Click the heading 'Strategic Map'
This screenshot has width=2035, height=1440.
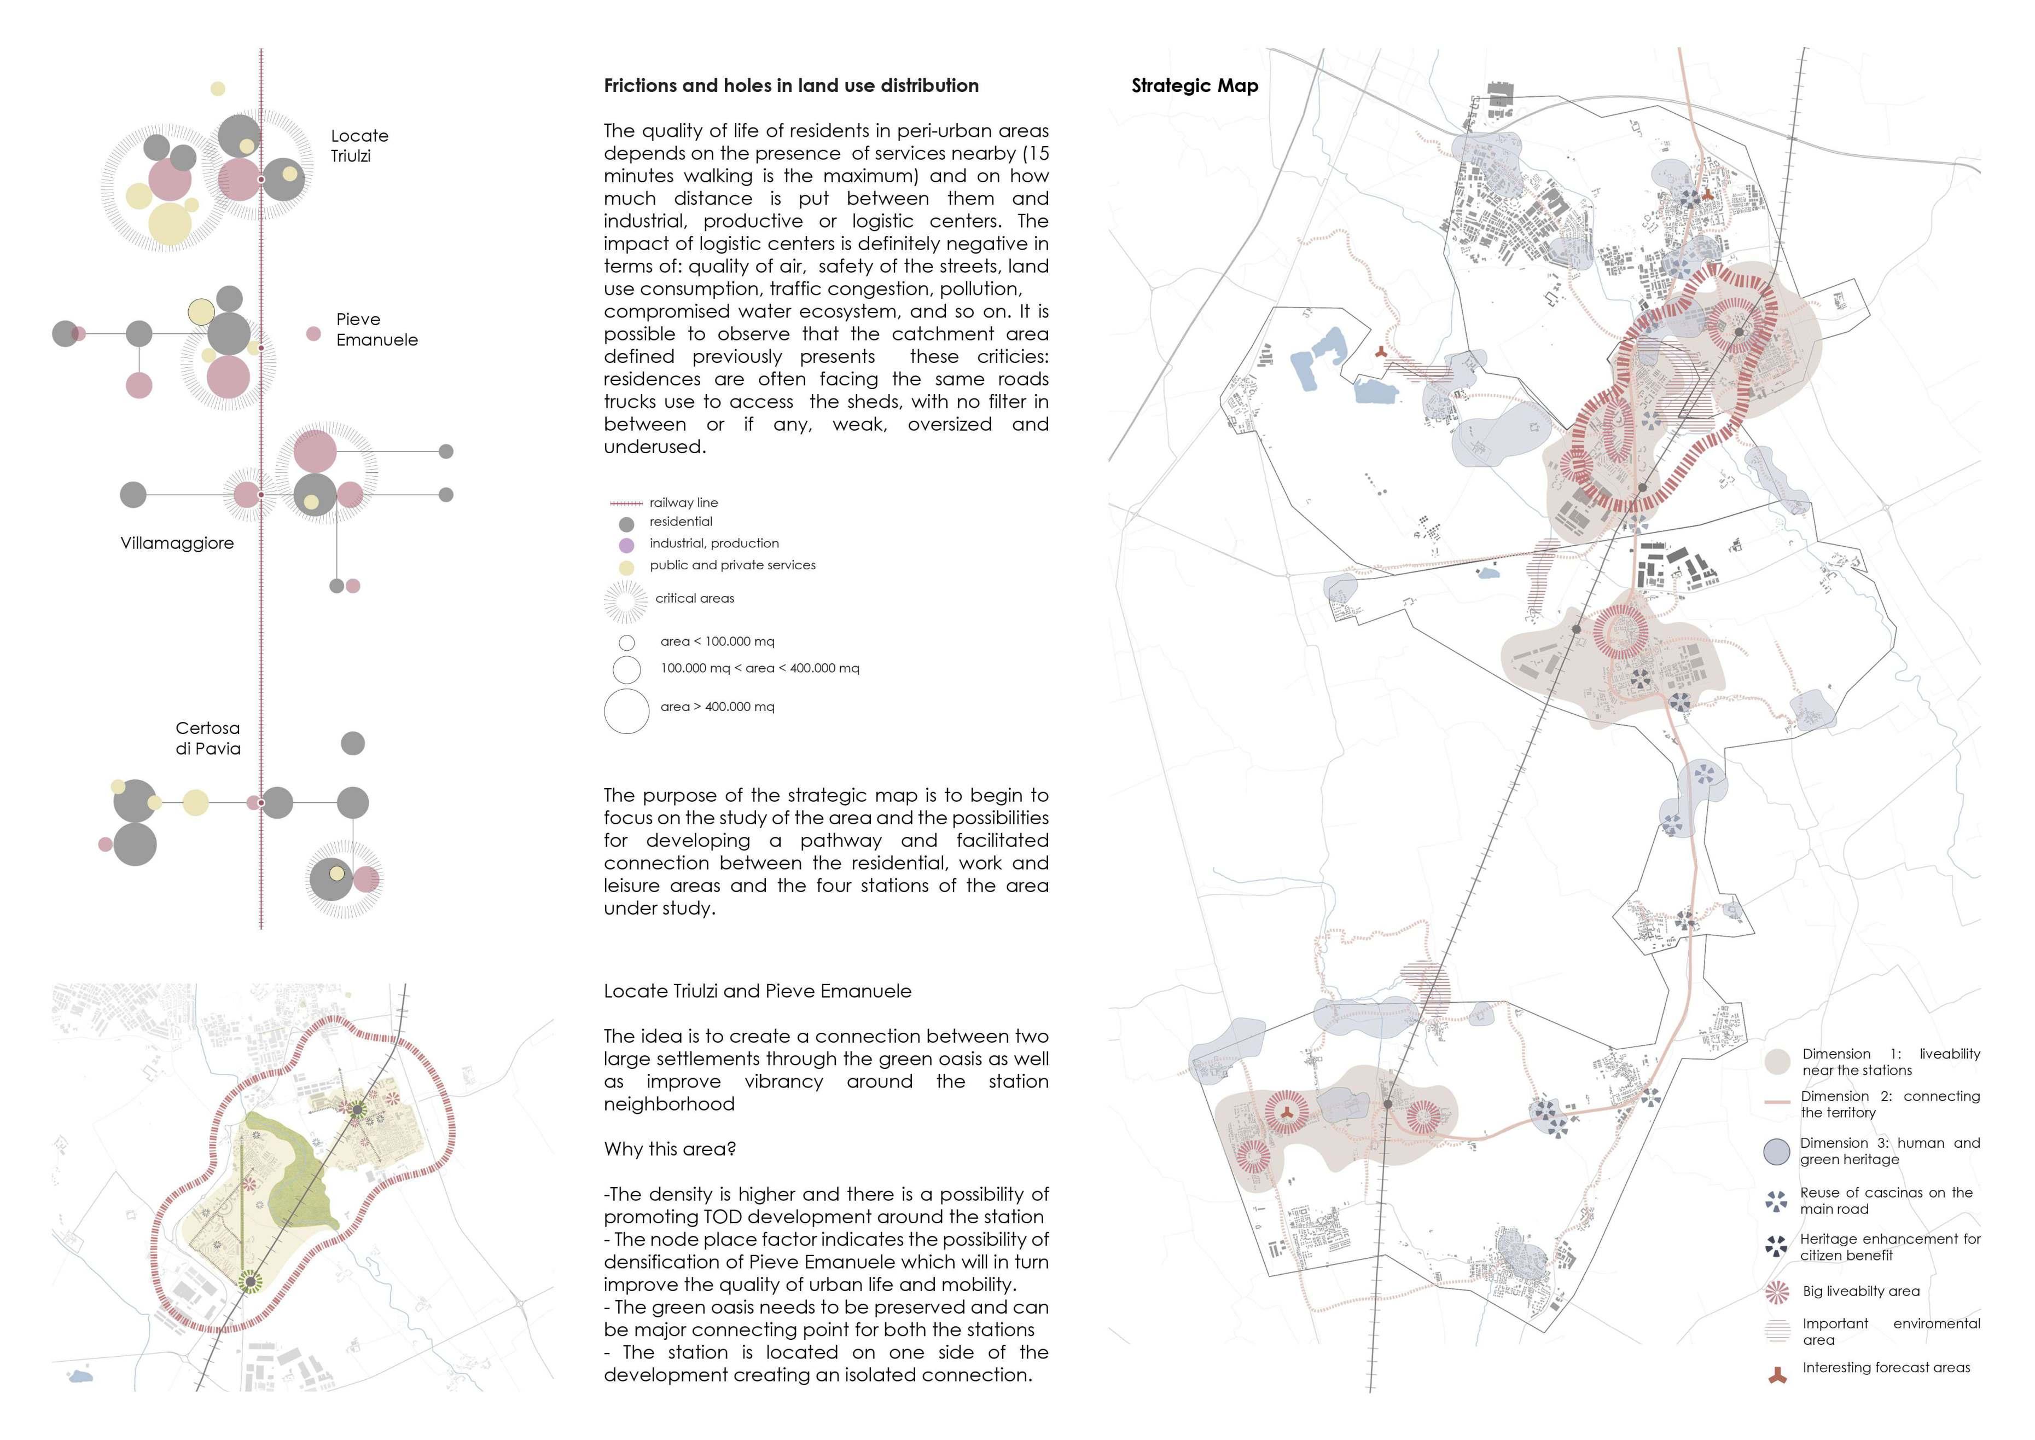tap(1194, 86)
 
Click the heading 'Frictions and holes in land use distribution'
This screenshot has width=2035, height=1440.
tap(790, 86)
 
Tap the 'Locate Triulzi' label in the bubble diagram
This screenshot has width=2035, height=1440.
tap(359, 146)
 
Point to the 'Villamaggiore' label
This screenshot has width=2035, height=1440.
tap(177, 542)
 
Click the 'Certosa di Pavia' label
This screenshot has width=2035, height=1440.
tap(207, 738)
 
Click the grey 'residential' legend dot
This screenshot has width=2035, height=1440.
tap(626, 524)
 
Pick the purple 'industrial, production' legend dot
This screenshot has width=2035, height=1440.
tap(626, 545)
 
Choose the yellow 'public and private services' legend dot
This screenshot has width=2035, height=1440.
tap(626, 568)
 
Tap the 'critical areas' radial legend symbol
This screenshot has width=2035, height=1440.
tap(626, 602)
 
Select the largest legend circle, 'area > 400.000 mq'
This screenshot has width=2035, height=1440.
tap(626, 711)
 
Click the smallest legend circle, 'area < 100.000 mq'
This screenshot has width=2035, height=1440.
tap(626, 643)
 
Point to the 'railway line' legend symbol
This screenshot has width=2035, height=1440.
tap(626, 503)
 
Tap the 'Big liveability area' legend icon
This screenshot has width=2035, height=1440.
tap(1777, 1292)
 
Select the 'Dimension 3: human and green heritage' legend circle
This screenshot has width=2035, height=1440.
tap(1777, 1151)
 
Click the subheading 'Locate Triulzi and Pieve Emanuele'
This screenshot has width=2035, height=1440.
tap(757, 991)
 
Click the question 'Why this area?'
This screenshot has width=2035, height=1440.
tap(669, 1149)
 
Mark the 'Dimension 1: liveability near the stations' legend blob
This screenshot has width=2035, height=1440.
tap(1777, 1061)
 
